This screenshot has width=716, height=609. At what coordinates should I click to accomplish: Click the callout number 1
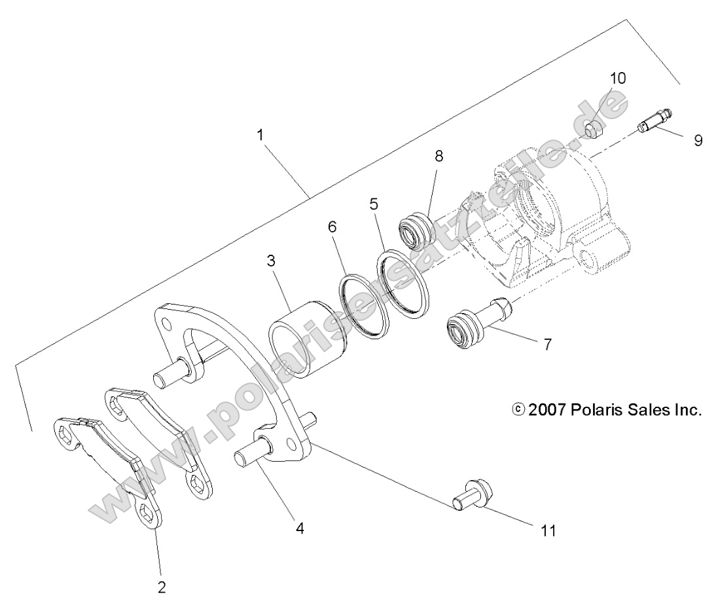coord(260,136)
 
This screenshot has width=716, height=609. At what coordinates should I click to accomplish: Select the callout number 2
coord(162,586)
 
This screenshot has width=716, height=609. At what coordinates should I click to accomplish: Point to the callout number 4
coord(300,528)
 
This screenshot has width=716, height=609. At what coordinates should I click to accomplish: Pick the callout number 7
coord(547,343)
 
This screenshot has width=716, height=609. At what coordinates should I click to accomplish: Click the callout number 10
coord(618,78)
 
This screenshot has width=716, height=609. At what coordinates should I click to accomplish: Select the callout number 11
coord(548,530)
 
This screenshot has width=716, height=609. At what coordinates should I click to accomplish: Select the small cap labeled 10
coord(594,129)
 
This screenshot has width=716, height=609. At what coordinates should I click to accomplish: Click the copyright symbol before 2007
coord(518,411)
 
